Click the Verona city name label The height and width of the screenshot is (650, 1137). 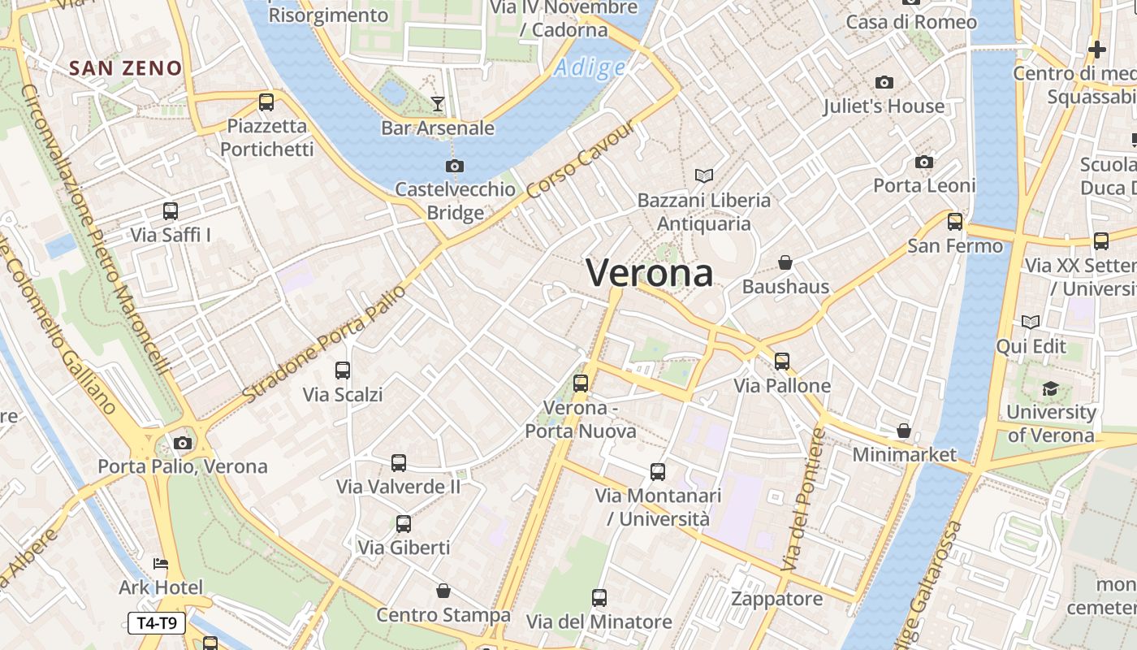(650, 273)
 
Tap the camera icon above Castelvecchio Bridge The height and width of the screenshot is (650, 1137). (455, 167)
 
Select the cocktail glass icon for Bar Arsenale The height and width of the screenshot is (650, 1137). (438, 103)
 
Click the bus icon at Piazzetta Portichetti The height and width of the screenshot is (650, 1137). (266, 102)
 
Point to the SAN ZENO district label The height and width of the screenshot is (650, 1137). (125, 68)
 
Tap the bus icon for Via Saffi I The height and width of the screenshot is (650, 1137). (171, 211)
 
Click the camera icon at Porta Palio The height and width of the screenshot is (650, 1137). (183, 443)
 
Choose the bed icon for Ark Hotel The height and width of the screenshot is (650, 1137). (161, 564)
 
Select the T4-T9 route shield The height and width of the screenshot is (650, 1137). (157, 623)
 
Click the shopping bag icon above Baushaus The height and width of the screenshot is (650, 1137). (785, 262)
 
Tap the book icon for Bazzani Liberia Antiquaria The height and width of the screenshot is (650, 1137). (704, 175)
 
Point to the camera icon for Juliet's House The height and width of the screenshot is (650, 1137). (884, 82)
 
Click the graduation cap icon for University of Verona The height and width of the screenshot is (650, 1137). (1051, 388)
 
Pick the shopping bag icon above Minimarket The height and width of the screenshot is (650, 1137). (904, 431)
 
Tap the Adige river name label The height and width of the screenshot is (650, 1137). (590, 68)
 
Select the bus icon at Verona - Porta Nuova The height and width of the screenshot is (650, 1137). (581, 383)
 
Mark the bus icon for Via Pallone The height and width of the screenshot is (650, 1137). (782, 361)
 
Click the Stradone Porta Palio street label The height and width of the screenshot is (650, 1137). (324, 344)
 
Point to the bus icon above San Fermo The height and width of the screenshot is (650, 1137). (955, 221)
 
